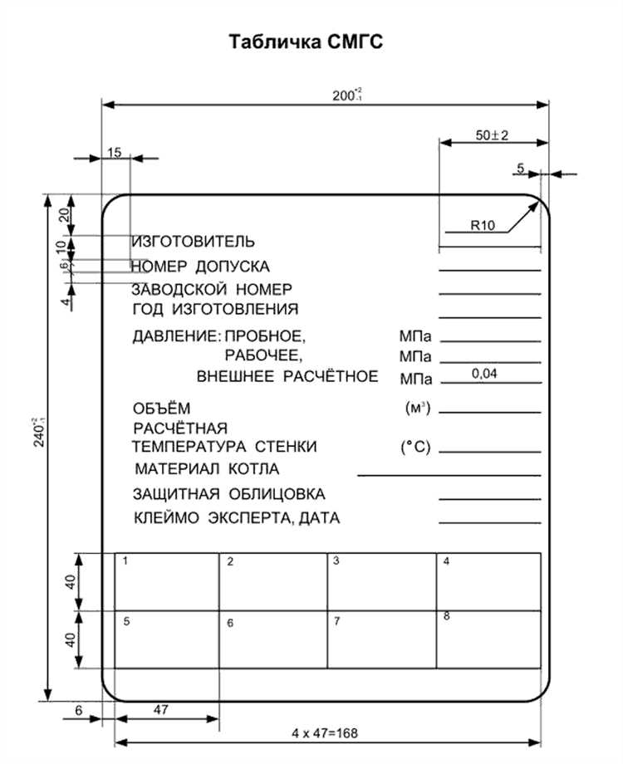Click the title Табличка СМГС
(307, 42)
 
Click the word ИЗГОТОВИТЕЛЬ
(193, 242)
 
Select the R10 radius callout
(483, 224)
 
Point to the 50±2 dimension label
(492, 134)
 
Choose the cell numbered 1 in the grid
(167, 581)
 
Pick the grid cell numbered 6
(273, 639)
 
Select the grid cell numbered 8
(488, 639)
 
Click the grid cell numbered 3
(382, 581)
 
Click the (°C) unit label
(415, 447)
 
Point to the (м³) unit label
(416, 409)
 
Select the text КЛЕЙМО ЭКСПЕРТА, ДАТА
(236, 518)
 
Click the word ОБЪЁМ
(161, 409)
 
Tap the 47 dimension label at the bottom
(162, 710)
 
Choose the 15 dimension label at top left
(115, 152)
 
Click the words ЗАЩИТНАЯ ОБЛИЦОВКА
(228, 495)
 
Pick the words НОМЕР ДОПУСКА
(199, 267)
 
